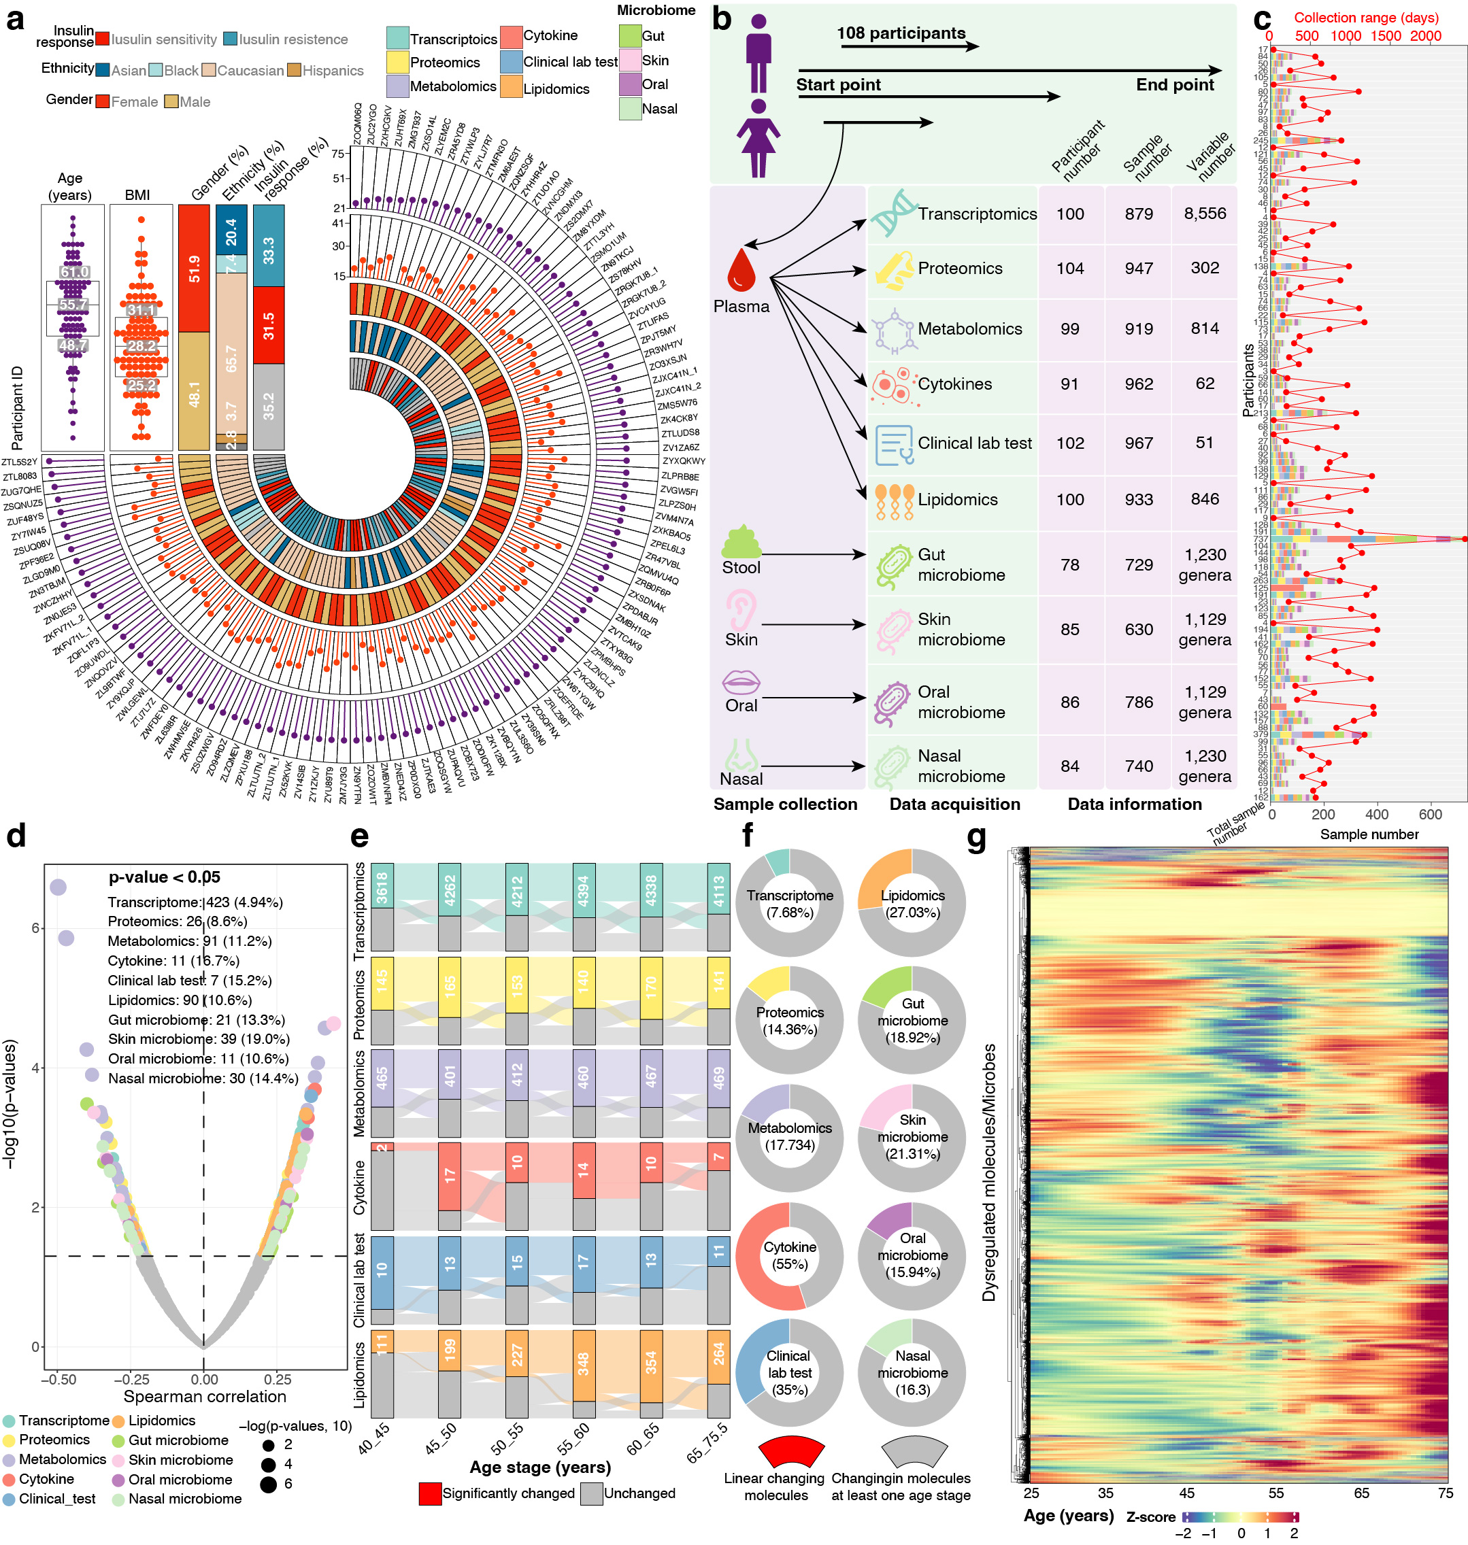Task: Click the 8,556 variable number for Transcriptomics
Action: (1204, 214)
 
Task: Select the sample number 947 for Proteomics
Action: (1139, 269)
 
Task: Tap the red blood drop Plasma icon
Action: (740, 270)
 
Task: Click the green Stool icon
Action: (740, 541)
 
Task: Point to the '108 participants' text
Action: (901, 33)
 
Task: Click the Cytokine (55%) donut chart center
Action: (790, 1255)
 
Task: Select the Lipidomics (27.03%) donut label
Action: (912, 904)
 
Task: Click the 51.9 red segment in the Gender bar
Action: (194, 269)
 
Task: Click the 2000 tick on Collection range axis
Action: (1425, 36)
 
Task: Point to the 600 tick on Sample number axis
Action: (1430, 815)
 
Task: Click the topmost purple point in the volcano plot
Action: (58, 886)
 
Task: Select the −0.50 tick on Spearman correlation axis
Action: (58, 1378)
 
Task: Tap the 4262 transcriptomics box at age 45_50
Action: (449, 889)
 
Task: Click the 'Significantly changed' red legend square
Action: (430, 1493)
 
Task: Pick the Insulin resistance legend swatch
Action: (230, 39)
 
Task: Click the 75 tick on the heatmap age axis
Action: (1446, 1493)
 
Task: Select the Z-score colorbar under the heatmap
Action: (1240, 1517)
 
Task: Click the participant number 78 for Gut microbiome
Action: (1069, 565)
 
